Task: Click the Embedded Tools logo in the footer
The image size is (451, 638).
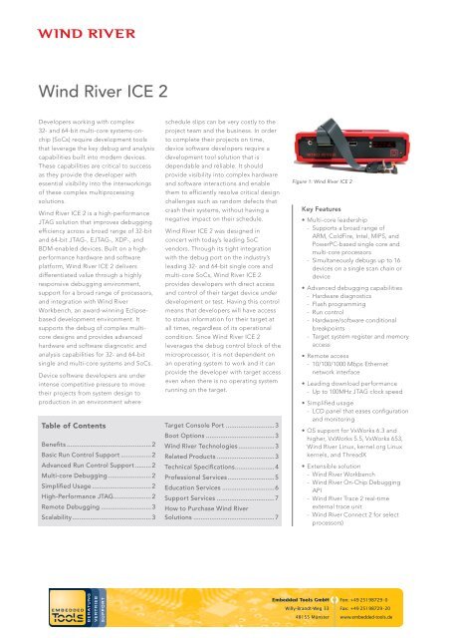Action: pyautogui.click(x=39, y=609)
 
